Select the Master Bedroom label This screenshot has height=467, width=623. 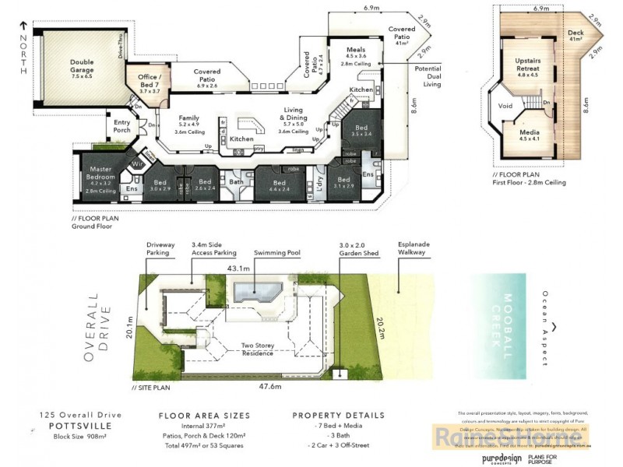[102, 174]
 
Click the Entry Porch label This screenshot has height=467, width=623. [122, 125]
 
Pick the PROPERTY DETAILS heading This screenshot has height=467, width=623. [338, 416]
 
